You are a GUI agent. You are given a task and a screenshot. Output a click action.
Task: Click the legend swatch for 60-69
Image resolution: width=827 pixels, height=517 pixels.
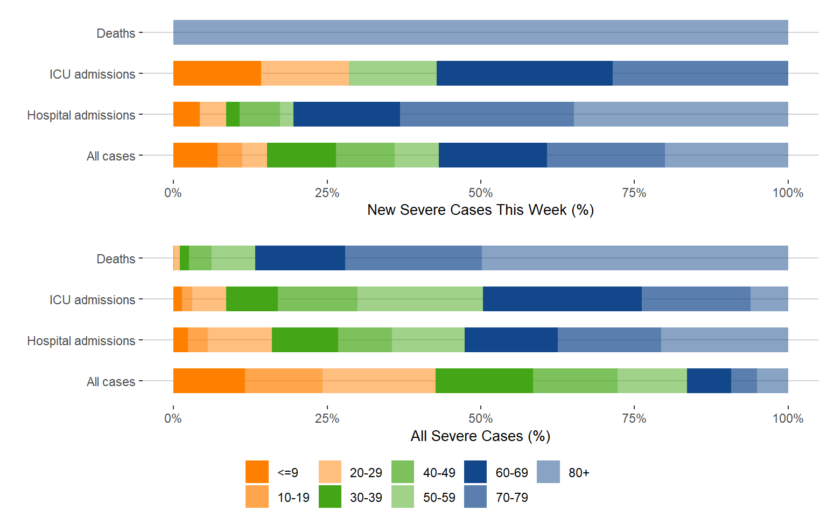tap(475, 472)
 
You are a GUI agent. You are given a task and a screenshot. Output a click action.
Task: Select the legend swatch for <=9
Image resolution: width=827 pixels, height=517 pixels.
tap(257, 472)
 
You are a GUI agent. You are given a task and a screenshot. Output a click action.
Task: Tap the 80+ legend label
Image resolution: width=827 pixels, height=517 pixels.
tap(579, 473)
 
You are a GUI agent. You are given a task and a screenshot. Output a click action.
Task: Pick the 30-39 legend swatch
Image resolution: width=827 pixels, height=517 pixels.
tap(330, 497)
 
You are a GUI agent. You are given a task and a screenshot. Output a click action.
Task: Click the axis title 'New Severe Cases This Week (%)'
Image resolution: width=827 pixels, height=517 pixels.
tap(480, 210)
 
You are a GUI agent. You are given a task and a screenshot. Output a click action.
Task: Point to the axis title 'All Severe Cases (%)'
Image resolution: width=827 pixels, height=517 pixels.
tap(480, 436)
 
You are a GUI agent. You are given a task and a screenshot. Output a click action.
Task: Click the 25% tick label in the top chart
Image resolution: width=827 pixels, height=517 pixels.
tap(327, 193)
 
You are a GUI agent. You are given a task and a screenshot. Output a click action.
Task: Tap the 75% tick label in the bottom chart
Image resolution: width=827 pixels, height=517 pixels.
tap(634, 418)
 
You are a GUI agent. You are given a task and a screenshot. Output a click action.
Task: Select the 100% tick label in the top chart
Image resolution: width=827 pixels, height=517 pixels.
tap(787, 193)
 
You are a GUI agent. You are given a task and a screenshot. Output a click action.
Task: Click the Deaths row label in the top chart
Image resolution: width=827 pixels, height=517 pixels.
tap(116, 33)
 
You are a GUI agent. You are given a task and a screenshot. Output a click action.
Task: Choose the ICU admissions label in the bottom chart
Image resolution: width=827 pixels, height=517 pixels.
tap(92, 300)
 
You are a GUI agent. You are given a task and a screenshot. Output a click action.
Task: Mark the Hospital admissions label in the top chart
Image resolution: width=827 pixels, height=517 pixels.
tap(81, 115)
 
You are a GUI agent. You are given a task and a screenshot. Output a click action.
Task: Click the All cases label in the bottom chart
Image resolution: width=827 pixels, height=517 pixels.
tap(111, 382)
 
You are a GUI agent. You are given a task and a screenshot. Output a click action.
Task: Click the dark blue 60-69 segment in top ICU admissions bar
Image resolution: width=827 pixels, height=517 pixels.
tap(524, 73)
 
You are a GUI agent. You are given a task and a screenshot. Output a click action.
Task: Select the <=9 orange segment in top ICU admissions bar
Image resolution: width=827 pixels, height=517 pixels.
tap(217, 73)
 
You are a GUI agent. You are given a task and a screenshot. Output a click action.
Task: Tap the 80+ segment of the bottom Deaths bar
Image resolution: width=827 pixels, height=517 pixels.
tap(635, 258)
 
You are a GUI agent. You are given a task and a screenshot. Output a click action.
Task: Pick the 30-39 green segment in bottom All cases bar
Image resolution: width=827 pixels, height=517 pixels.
tap(484, 381)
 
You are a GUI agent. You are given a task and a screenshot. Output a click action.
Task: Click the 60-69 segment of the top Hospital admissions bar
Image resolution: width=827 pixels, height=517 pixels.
tap(347, 114)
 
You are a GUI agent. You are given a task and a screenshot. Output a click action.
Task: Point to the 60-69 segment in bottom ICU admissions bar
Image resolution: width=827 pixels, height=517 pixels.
tap(562, 299)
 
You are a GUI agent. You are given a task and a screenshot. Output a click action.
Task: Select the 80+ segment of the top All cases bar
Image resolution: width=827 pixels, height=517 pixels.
tap(726, 155)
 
